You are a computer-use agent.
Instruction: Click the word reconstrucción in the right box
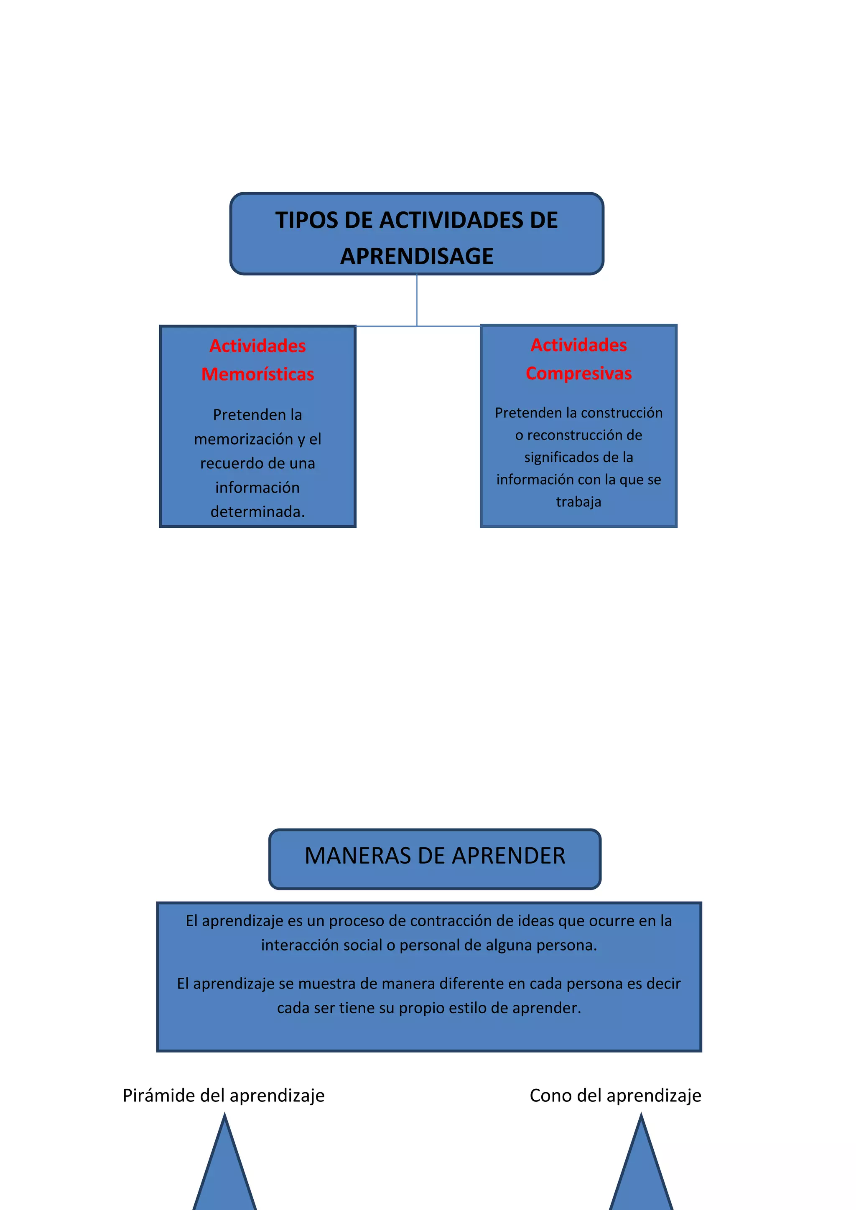[585, 435]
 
